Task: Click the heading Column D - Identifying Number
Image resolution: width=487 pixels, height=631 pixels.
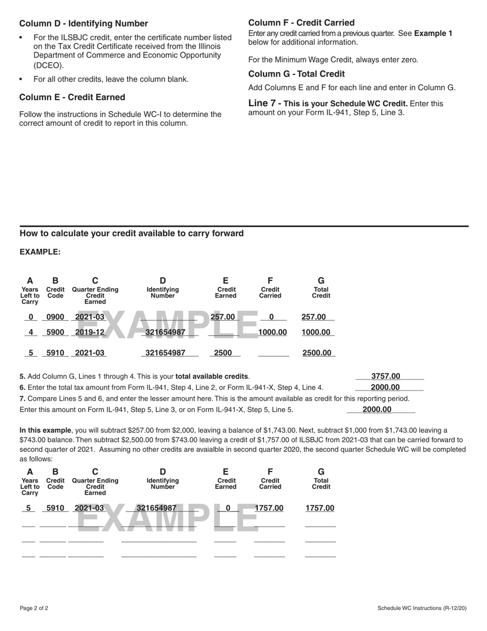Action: tap(84, 24)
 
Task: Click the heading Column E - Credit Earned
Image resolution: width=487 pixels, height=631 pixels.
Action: tap(72, 97)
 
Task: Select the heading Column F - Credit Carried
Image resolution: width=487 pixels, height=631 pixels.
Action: tap(301, 23)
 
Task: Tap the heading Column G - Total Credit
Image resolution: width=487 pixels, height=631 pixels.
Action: tap(296, 74)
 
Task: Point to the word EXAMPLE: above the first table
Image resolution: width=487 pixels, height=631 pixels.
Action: tap(40, 252)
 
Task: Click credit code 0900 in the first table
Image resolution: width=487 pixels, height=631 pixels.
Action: tap(55, 317)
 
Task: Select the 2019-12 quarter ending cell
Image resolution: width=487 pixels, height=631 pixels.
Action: tap(90, 332)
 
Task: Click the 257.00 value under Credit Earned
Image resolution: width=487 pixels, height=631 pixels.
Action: tap(222, 317)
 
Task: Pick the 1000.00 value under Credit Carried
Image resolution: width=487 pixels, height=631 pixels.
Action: tap(272, 332)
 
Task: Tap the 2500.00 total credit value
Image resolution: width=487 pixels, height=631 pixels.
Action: tap(317, 353)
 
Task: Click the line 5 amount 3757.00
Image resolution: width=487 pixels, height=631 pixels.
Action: tap(385, 376)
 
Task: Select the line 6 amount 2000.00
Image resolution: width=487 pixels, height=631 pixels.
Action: tap(385, 387)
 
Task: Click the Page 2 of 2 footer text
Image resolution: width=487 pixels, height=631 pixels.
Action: tap(34, 608)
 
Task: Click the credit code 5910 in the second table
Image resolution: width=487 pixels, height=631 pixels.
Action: tap(55, 508)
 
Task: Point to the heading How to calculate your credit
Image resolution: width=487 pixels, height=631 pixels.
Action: tap(131, 233)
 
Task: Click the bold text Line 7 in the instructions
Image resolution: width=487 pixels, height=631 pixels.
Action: tap(262, 103)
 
